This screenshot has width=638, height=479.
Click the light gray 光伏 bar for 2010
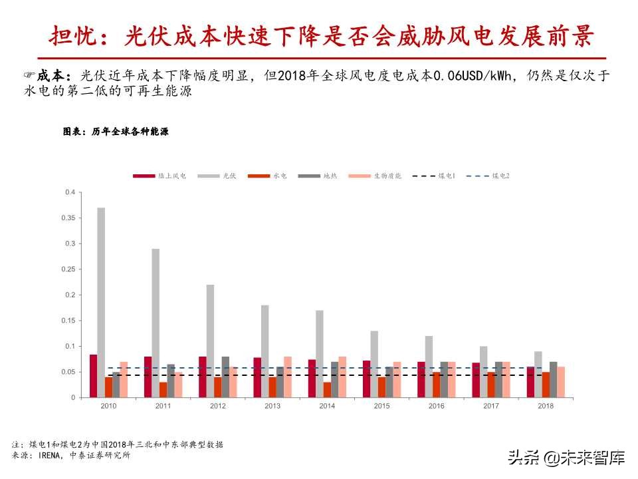101,303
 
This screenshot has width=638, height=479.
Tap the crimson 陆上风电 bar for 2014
312,379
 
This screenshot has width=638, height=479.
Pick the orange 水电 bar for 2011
163,390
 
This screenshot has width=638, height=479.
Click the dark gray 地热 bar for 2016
444,380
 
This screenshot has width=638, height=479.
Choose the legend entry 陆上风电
159,176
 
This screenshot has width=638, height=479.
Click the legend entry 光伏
217,176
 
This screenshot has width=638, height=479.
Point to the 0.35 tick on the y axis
70,218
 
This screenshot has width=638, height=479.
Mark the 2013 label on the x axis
272,406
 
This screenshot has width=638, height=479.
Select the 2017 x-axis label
491,406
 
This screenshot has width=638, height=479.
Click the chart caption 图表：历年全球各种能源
116,132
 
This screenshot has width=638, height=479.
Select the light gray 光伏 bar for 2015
374,364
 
